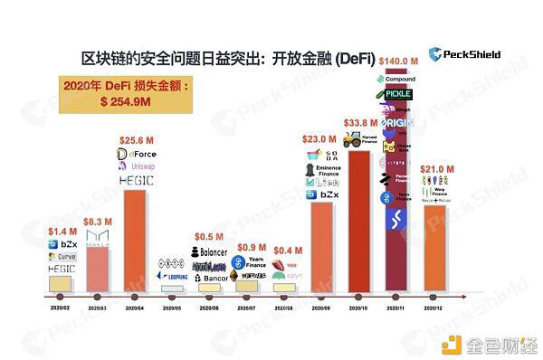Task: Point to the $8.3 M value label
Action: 99,221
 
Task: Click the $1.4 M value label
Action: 61,232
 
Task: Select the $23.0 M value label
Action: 319,141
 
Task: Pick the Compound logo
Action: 396,79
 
